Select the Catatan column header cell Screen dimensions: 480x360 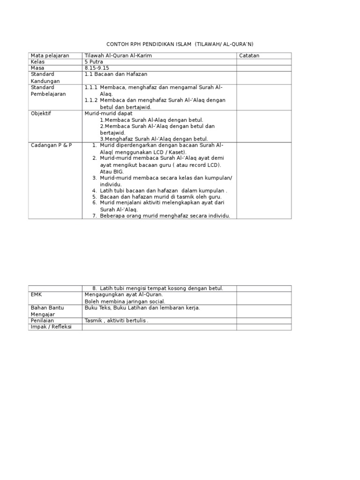point(249,56)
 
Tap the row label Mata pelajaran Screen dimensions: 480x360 point(50,56)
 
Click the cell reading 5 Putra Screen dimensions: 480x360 point(94,62)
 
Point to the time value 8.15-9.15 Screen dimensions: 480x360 point(97,68)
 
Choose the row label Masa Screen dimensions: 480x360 point(37,68)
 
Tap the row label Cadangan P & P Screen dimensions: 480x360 point(51,145)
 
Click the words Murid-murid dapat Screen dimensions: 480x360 point(108,113)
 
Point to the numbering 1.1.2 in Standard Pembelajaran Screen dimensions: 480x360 point(91,100)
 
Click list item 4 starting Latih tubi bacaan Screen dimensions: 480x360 point(163,191)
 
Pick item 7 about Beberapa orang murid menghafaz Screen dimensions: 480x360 point(165,216)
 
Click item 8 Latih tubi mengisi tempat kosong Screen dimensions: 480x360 point(161,288)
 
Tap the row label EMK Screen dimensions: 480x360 point(37,295)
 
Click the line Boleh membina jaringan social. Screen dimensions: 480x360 point(125,301)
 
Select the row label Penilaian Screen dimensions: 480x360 point(42,321)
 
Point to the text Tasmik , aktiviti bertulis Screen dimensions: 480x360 point(116,321)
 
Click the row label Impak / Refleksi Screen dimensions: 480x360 point(51,327)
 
